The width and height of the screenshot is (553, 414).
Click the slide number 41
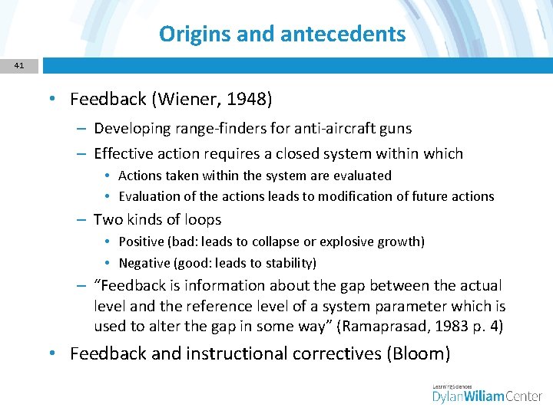tap(19, 66)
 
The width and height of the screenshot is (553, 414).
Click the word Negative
tap(146, 263)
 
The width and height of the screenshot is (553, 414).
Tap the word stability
tap(289, 263)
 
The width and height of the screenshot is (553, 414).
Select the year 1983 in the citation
tap(445, 326)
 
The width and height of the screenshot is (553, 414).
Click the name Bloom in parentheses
tap(419, 353)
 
